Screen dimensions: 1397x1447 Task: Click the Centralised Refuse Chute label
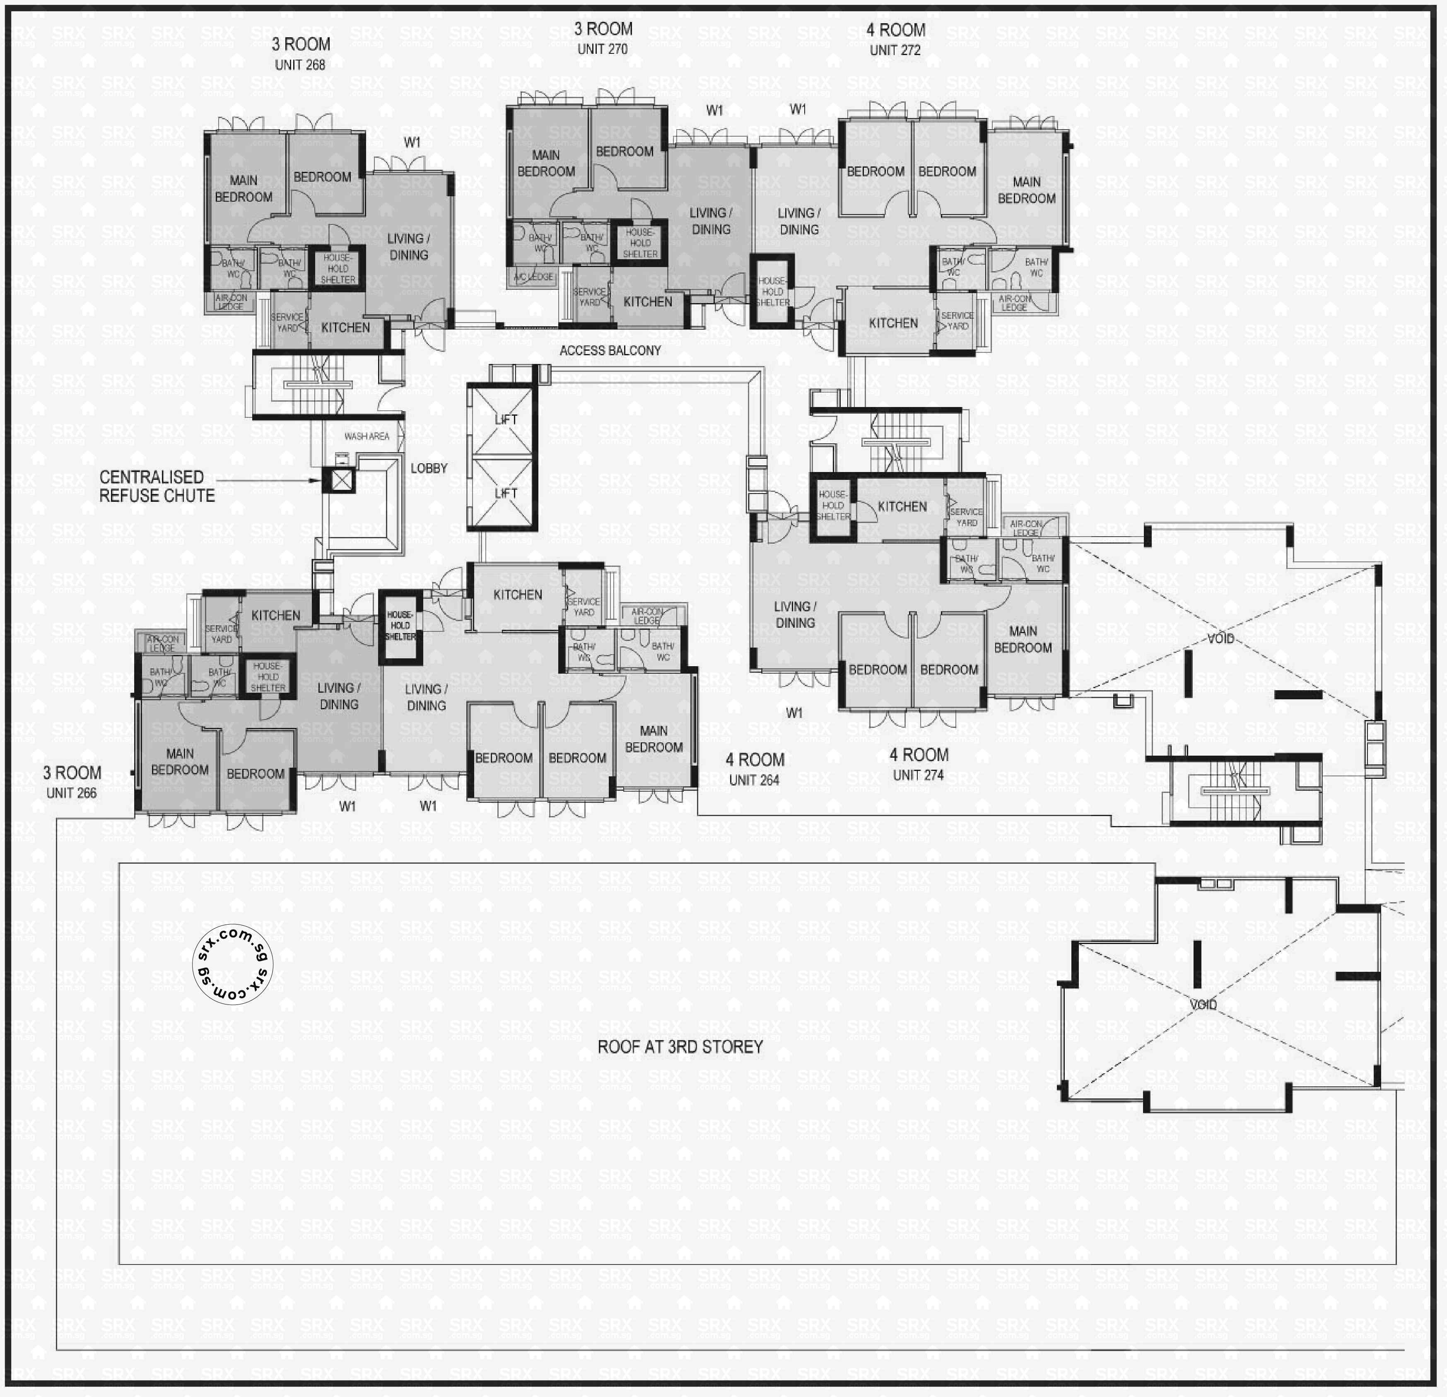[157, 487]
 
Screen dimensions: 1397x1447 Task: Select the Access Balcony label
[610, 351]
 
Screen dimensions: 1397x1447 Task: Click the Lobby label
[429, 468]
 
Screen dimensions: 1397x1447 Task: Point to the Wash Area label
[366, 436]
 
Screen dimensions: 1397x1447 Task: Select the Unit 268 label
[300, 65]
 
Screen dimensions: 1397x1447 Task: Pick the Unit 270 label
[603, 49]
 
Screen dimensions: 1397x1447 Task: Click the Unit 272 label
[895, 50]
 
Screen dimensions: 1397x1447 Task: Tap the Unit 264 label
[754, 780]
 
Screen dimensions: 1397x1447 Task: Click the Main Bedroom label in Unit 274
[1023, 639]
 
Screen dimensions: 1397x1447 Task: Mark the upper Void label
[1220, 638]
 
